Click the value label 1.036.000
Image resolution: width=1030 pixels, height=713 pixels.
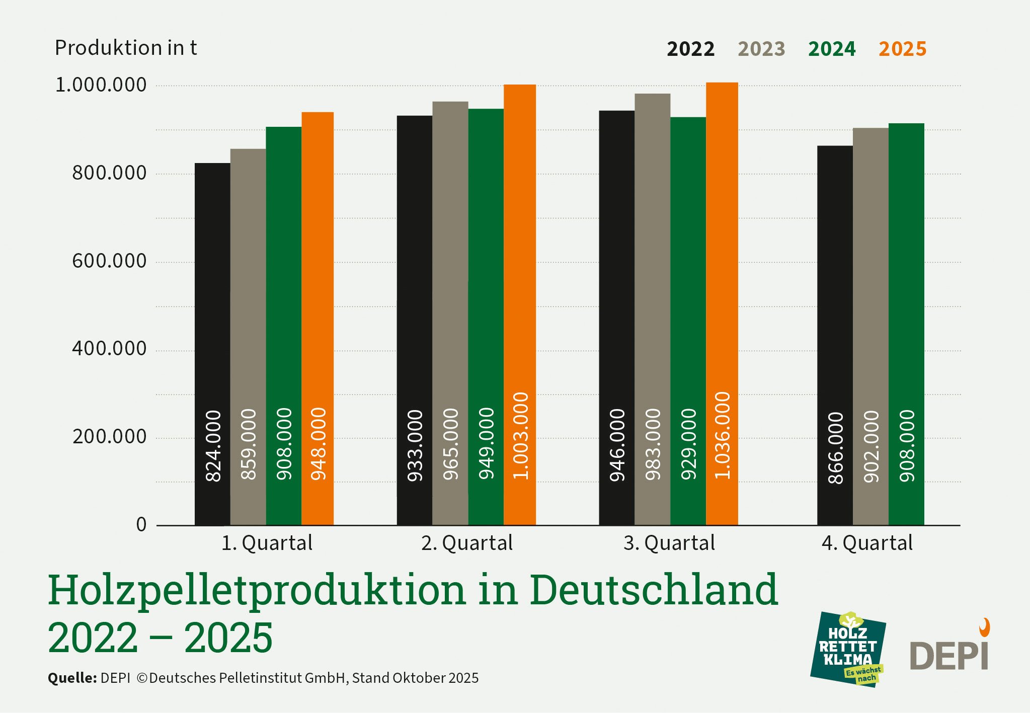722,435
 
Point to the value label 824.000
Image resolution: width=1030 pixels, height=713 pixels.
213,446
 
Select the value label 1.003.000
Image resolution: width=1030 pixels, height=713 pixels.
520,436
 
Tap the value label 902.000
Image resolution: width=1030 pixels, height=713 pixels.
871,447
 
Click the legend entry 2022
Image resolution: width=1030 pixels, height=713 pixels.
690,49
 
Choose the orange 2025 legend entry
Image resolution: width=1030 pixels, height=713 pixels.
902,49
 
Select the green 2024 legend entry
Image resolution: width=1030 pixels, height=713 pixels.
832,49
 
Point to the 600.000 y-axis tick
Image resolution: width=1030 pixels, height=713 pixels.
109,261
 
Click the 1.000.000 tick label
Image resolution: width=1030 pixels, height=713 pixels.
101,85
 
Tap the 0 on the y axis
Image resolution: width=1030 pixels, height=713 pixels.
141,524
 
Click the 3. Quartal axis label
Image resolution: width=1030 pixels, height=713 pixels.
669,543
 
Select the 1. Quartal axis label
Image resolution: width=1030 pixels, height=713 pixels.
267,543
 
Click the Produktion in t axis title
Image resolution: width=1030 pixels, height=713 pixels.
126,48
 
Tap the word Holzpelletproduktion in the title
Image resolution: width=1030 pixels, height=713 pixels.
257,590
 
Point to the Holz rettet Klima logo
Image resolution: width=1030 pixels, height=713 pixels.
848,649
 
